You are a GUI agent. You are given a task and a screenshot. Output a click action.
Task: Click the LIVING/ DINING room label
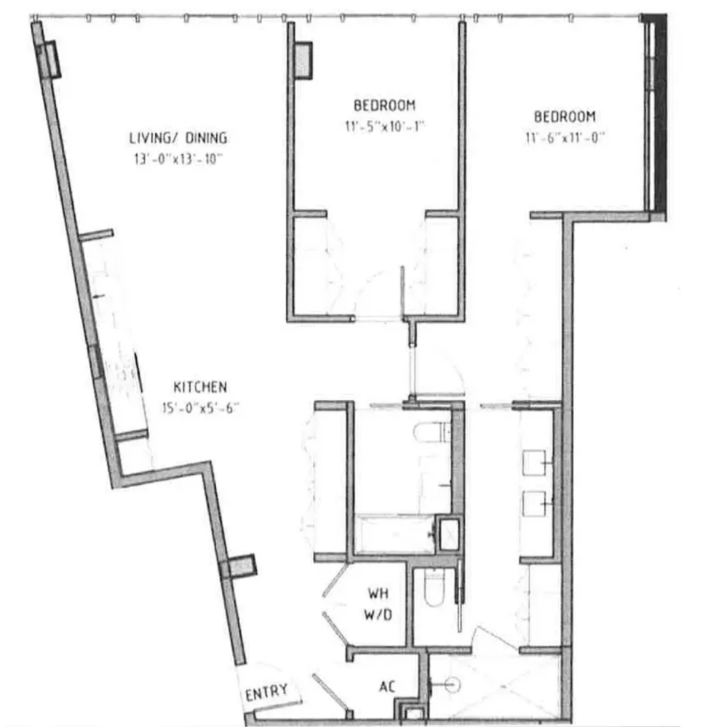178,137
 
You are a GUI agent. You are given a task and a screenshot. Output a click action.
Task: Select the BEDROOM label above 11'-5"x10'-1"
385,105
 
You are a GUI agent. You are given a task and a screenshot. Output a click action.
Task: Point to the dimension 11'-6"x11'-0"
565,137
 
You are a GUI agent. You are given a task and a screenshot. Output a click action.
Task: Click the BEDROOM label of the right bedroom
565,116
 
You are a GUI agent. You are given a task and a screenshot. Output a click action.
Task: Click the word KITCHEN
200,387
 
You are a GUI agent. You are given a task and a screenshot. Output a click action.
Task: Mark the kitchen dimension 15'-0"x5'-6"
201,408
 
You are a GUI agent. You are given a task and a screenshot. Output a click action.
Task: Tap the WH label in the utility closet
378,593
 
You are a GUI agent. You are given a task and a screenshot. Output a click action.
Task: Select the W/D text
378,615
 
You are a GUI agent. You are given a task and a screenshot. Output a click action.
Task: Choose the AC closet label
387,686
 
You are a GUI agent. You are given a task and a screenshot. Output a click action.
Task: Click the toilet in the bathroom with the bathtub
431,433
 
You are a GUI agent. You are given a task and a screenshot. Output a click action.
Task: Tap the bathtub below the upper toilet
397,535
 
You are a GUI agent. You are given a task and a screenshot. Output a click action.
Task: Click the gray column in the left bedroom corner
303,60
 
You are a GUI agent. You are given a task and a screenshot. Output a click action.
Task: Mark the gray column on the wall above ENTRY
239,566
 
